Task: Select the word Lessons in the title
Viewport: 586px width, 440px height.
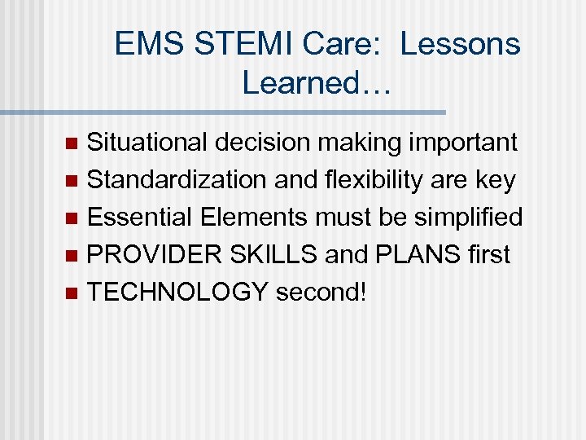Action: tap(460, 44)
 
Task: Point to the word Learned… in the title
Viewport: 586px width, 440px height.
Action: tap(317, 81)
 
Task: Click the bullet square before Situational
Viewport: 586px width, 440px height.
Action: tap(71, 143)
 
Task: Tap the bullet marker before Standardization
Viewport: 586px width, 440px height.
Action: tap(71, 181)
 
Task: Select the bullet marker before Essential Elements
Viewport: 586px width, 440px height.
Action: tap(71, 218)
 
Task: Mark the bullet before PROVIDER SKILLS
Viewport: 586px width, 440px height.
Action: tap(71, 256)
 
